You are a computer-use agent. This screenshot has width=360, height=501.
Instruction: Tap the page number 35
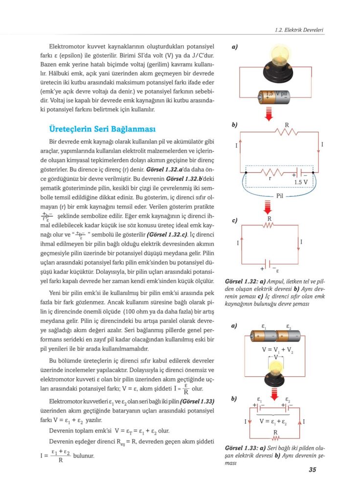click(x=313, y=471)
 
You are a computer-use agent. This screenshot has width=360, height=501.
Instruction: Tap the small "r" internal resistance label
click(x=270, y=179)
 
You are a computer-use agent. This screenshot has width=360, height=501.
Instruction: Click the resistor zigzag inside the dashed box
click(x=272, y=172)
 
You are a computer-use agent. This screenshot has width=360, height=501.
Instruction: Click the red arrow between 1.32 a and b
click(x=268, y=114)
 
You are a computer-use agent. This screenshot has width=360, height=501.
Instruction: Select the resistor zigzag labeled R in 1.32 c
click(x=269, y=226)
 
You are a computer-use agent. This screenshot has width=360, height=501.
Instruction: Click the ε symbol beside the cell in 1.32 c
click(x=277, y=270)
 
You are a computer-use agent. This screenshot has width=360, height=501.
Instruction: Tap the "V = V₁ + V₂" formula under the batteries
click(x=277, y=350)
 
